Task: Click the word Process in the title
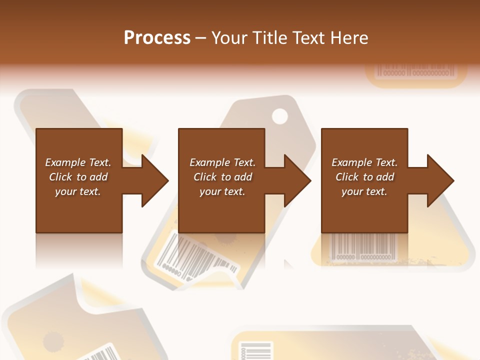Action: [157, 38]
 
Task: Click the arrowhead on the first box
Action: [152, 180]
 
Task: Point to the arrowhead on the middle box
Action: [295, 180]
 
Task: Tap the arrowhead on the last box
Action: [438, 180]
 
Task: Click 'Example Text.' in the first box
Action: [78, 162]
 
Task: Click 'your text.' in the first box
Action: [78, 191]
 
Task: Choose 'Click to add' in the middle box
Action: [222, 177]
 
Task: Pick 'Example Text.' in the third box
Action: [364, 162]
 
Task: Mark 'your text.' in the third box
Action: [364, 191]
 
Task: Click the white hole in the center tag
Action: [280, 116]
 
